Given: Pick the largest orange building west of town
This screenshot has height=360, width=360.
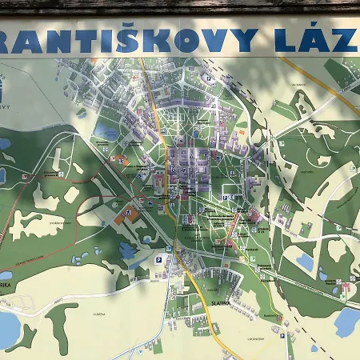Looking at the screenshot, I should (126, 214).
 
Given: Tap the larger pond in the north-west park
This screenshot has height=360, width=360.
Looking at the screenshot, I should (106, 130).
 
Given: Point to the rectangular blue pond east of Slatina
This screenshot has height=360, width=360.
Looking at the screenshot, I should (304, 261).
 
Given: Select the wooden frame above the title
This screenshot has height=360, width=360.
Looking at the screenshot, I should (180, 6).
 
